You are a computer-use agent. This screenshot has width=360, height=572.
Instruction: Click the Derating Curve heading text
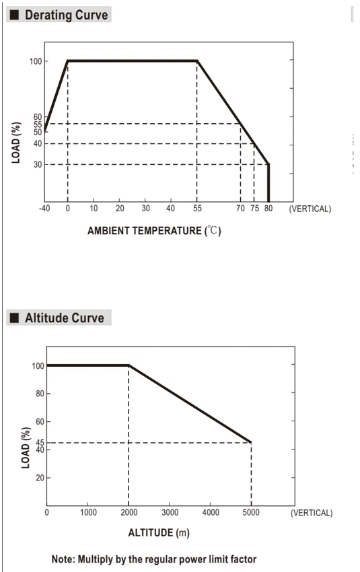[66, 15]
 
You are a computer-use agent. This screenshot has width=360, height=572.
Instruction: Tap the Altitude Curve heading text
[65, 318]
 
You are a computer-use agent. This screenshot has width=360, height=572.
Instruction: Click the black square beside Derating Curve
[14, 15]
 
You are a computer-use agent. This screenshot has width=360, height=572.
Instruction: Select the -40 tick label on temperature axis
[44, 209]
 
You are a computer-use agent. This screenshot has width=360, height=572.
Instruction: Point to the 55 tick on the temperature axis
[197, 209]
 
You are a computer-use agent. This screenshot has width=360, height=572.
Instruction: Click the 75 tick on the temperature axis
[254, 209]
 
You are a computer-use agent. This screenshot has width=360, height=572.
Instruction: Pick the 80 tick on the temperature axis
[268, 209]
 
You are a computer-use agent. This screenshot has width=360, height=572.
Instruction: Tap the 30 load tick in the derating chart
[38, 164]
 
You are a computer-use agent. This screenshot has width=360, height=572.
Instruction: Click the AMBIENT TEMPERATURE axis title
[154, 231]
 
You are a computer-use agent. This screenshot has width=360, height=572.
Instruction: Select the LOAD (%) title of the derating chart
[15, 143]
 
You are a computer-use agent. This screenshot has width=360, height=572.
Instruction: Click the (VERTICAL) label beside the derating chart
[310, 209]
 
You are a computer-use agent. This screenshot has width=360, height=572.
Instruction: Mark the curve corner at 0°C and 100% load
[68, 61]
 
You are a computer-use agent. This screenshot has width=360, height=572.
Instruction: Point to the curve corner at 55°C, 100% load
[197, 61]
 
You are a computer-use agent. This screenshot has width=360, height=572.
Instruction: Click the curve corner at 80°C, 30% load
[268, 164]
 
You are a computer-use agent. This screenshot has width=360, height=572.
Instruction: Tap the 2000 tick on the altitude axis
[129, 513]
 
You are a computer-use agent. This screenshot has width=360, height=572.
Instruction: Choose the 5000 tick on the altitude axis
[251, 513]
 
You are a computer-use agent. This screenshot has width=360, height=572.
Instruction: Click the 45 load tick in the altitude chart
[40, 443]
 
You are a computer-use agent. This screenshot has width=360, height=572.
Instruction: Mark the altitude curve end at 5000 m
[250, 442]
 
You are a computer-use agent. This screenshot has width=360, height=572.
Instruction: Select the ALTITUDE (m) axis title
[159, 533]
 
